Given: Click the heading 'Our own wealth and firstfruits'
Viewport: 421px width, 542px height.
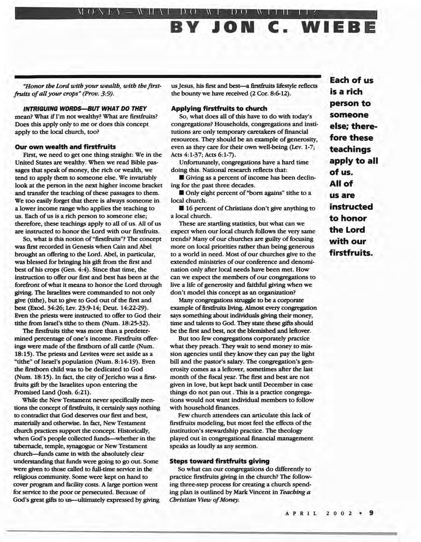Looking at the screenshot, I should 65,147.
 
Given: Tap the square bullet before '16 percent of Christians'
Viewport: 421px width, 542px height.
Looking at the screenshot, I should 181,208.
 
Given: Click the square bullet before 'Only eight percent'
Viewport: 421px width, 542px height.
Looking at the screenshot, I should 181,193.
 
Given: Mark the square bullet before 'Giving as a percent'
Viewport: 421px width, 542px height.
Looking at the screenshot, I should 181,178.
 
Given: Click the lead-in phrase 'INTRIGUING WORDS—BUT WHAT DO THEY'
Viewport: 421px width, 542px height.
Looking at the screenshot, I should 84,108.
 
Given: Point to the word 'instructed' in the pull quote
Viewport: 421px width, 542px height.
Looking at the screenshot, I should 351,207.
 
